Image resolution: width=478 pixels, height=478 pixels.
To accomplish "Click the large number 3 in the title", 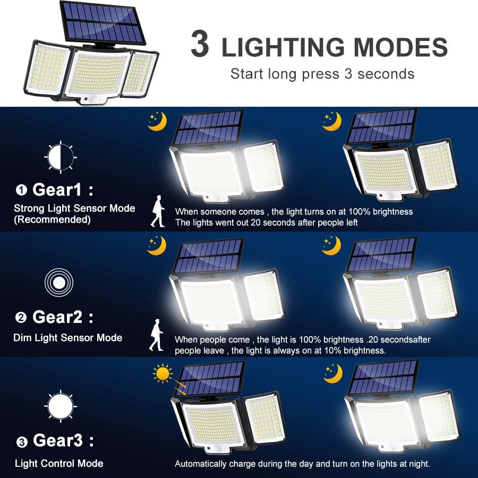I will click(200, 45).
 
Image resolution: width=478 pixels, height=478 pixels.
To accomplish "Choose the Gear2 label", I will click(57, 317).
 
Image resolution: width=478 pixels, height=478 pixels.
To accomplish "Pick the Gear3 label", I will click(57, 440).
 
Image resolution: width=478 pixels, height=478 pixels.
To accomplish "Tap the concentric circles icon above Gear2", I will click(58, 282).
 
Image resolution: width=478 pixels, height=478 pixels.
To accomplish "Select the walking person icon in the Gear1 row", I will click(158, 211).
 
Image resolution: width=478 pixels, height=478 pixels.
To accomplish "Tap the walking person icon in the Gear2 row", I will click(156, 335).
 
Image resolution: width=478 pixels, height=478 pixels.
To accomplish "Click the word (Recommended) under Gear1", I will click(52, 219).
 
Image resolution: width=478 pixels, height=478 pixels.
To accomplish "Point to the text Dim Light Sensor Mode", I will click(68, 338).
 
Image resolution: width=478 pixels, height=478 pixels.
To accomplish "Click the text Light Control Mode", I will click(59, 464).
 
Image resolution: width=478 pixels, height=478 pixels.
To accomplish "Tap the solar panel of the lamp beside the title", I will click(103, 22).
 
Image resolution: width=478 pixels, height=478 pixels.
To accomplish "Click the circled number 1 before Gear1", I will click(21, 190).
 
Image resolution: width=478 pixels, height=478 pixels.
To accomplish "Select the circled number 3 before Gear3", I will click(21, 442).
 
